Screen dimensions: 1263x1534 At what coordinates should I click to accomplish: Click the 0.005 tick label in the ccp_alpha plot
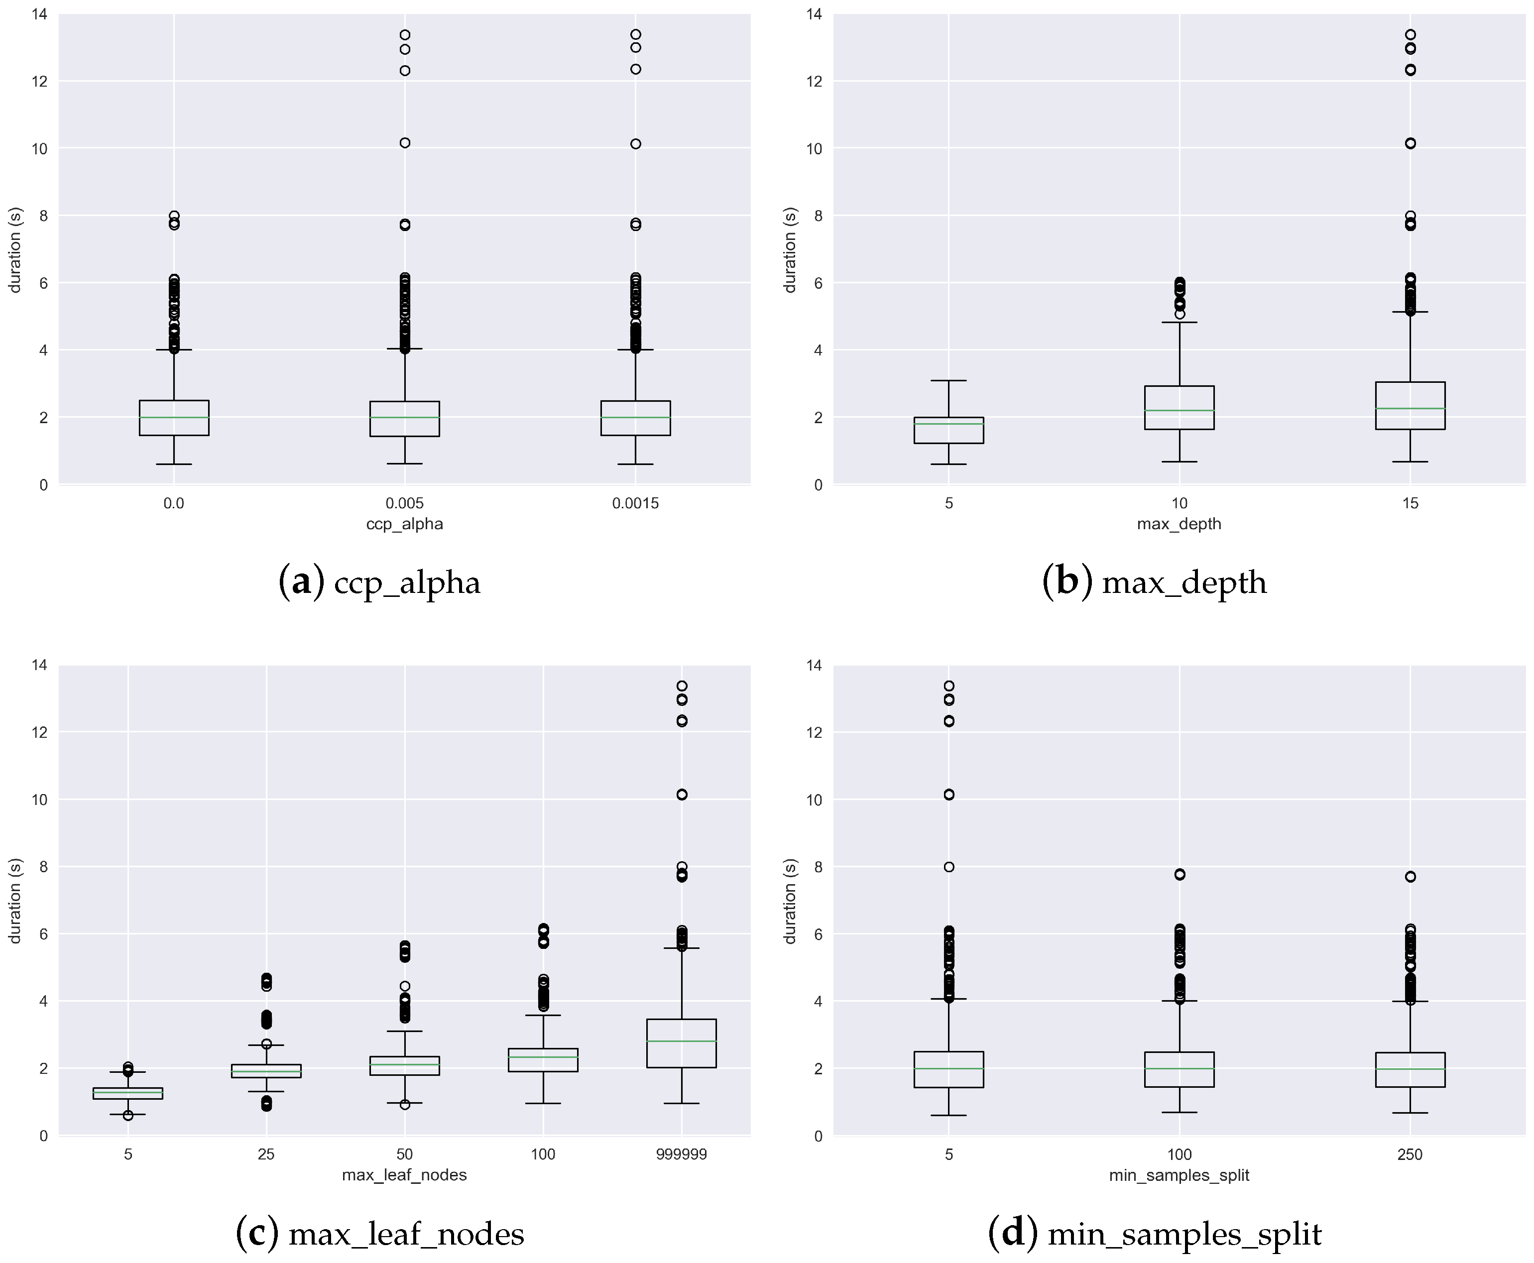(405, 503)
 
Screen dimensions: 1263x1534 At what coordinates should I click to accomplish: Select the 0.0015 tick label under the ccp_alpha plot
(635, 503)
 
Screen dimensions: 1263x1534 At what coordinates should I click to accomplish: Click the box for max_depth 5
(949, 430)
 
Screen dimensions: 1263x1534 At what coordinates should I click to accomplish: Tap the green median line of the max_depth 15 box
(1411, 408)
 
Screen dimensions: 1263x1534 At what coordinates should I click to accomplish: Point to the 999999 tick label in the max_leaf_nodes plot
(681, 1154)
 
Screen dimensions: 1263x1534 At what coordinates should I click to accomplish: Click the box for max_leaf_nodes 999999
(681, 1043)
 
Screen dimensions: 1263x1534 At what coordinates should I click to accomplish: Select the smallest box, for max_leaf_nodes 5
(128, 1093)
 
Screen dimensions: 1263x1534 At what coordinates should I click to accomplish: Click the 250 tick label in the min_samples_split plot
(1411, 1154)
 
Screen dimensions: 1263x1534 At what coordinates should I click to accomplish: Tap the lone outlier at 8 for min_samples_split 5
(949, 867)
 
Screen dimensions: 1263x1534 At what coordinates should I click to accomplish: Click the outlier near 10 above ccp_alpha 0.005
(405, 142)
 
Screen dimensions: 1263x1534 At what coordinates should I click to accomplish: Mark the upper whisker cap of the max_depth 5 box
(949, 380)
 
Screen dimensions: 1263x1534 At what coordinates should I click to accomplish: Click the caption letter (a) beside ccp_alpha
(301, 582)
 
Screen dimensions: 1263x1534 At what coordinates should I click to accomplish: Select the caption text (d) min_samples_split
(1155, 1233)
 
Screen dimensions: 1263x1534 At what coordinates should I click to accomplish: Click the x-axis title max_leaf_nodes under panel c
(405, 1175)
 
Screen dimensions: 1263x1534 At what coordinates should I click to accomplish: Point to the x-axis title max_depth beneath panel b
(1179, 524)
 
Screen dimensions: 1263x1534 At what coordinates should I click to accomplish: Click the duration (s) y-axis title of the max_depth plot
(790, 250)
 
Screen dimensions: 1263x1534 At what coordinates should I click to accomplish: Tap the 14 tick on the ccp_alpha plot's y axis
(40, 14)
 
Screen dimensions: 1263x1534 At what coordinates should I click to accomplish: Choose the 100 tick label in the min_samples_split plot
(1179, 1154)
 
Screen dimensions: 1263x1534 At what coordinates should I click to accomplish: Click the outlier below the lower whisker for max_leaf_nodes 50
(405, 1104)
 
